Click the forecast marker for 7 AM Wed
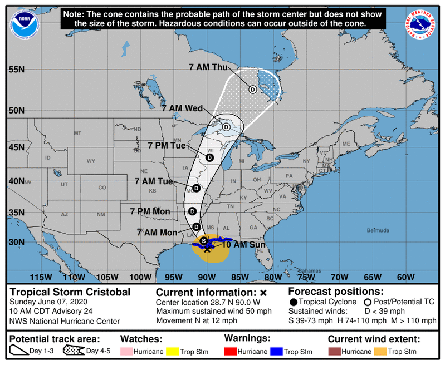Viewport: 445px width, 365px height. coord(226,127)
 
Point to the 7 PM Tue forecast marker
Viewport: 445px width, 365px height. coord(210,157)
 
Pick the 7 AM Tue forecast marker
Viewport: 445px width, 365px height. coord(196,188)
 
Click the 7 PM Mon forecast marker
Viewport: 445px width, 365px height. coord(192,211)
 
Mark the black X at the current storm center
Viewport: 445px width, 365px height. coord(207,249)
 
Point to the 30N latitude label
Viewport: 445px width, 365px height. coord(17,243)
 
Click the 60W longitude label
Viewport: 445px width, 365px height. coord(405,277)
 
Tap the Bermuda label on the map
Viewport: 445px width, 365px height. coord(378,230)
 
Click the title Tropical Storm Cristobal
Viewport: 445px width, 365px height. coord(70,292)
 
